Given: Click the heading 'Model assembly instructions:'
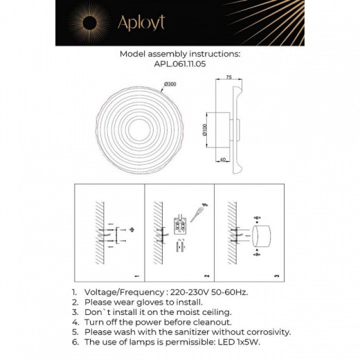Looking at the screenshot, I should click(x=179, y=53).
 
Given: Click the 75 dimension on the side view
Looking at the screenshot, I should click(x=229, y=78).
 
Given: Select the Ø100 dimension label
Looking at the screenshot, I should click(x=206, y=129).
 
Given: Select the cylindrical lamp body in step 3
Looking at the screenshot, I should click(x=262, y=235).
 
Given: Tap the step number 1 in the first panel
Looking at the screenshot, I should click(x=137, y=276).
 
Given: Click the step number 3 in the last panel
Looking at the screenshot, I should click(x=277, y=276).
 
